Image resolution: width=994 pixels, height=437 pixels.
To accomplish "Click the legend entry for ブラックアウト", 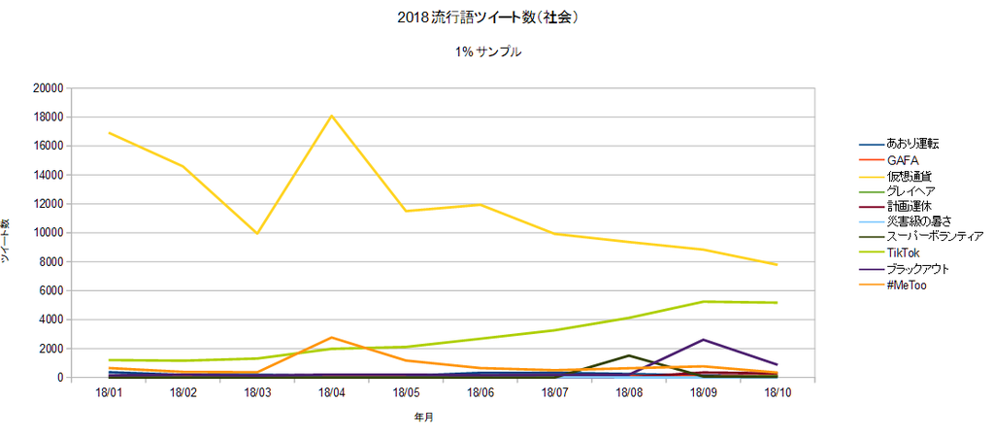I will point(918,269).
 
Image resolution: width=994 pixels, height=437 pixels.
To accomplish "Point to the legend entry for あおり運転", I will point(912,144).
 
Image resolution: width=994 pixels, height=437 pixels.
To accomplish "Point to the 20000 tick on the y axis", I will point(48,88).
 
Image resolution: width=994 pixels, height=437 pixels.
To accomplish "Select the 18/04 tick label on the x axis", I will point(332,392).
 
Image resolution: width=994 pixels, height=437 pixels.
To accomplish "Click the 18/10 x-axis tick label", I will point(777,392).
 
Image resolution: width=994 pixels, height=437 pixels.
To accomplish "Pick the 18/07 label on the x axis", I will point(554,392).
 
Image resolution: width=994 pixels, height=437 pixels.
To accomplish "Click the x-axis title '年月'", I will point(424,418).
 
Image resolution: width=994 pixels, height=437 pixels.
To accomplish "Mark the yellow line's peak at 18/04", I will point(332,116).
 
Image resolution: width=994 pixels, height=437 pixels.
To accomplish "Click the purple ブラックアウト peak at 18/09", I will point(703,340).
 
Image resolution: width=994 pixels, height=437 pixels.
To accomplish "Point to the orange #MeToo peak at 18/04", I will point(332,337).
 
